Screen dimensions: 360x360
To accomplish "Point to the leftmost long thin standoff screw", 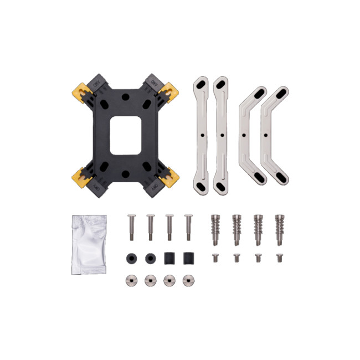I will [131, 227].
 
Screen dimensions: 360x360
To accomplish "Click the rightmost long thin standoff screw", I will [188, 227].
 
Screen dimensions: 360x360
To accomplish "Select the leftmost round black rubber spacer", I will [131, 258].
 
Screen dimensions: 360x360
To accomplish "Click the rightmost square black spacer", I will [188, 258].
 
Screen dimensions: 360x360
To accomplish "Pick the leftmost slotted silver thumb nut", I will [131, 280].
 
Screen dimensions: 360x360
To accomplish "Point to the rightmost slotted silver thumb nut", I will [188, 280].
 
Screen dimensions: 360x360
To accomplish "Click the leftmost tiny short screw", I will [215, 258].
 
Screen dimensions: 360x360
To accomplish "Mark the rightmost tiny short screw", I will [279, 258].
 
